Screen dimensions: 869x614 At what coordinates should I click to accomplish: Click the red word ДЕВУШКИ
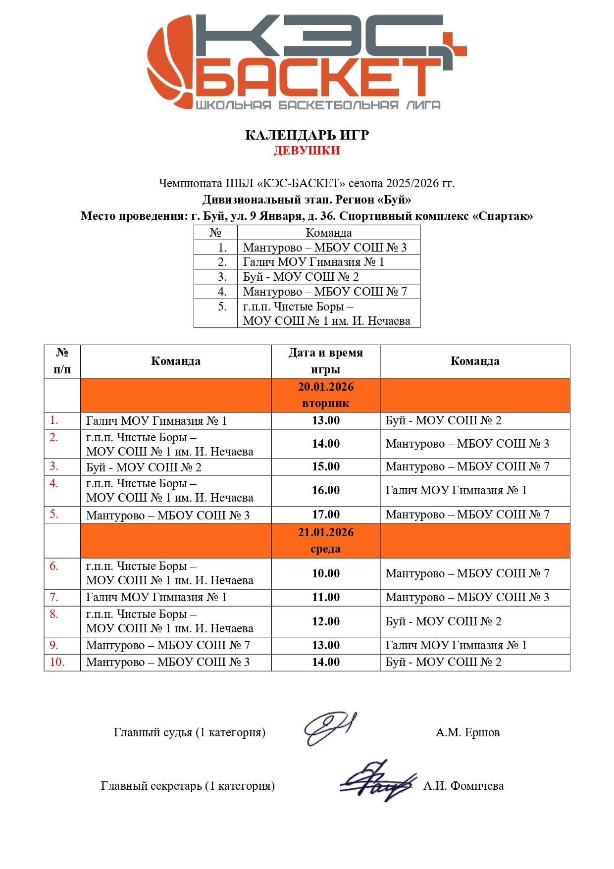point(307,151)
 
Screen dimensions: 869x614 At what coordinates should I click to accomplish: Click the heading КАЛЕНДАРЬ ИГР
point(307,135)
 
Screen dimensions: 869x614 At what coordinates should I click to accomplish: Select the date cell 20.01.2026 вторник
point(326,395)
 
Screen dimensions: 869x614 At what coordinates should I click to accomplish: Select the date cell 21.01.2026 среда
point(326,540)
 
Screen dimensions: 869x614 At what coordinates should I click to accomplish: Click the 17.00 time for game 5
point(326,514)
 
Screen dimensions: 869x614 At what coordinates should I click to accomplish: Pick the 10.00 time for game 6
point(326,573)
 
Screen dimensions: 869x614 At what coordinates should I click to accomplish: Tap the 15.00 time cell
point(326,466)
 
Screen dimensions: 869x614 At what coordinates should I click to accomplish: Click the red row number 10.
point(57,662)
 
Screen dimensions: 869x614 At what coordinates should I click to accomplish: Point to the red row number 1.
point(54,420)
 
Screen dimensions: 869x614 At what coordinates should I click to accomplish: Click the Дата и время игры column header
point(326,361)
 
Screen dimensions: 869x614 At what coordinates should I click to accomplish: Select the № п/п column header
point(62,361)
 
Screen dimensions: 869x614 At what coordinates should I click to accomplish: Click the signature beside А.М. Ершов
point(329,728)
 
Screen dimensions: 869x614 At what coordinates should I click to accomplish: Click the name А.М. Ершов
point(467,732)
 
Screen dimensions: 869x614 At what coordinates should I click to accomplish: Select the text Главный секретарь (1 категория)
point(188,786)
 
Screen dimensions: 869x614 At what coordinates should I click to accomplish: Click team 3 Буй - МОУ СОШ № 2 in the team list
point(301,277)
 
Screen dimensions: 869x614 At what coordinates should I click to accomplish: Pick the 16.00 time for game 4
point(326,490)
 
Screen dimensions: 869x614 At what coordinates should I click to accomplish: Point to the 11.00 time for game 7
point(326,597)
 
